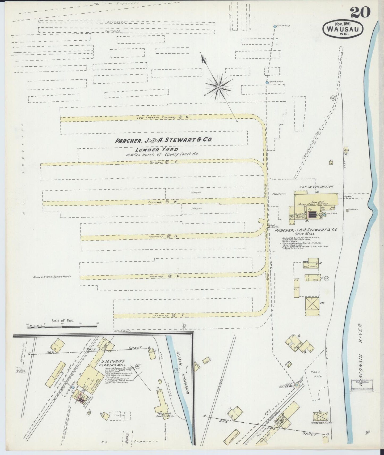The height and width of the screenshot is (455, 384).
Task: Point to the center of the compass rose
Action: [x=218, y=87]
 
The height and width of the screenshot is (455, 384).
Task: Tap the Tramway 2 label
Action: [x=164, y=276]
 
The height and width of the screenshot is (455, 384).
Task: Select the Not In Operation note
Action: [x=316, y=187]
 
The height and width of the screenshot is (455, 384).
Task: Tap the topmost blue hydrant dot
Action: [x=275, y=26]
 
